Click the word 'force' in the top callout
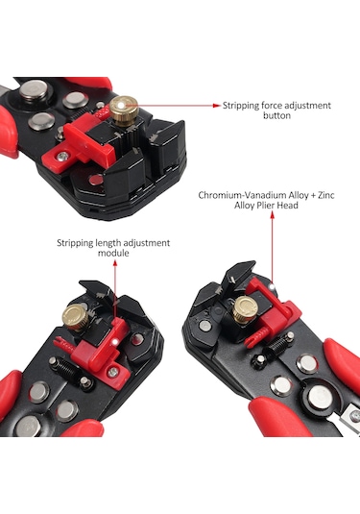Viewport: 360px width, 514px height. [272, 106]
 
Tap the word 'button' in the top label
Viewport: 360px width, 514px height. [276, 115]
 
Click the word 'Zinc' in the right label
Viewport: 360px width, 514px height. [326, 195]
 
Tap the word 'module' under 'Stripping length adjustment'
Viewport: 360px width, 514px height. [113, 253]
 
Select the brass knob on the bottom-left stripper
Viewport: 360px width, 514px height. [76, 318]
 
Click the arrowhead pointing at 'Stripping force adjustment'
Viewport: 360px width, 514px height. [217, 106]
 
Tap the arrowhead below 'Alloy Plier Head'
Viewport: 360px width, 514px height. [272, 214]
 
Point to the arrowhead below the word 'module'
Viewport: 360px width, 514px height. [114, 263]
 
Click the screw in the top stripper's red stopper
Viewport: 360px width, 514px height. [62, 157]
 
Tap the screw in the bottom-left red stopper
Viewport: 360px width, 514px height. [113, 372]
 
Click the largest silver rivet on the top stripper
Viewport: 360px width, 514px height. [33, 91]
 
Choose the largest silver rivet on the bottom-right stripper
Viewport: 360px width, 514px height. [321, 398]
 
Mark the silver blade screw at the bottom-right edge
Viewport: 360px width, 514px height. [356, 416]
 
